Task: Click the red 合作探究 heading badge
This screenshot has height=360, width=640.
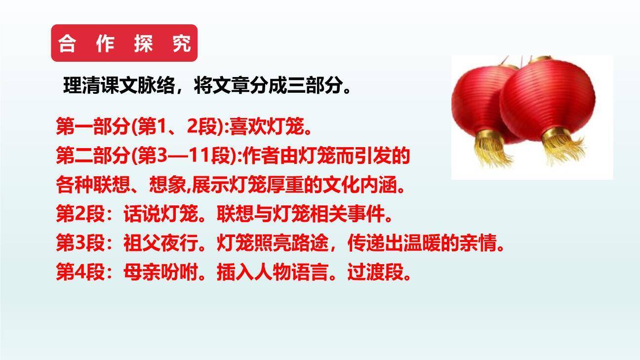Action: pyautogui.click(x=124, y=43)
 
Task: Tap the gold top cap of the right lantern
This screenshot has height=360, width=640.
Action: pyautogui.click(x=542, y=59)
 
